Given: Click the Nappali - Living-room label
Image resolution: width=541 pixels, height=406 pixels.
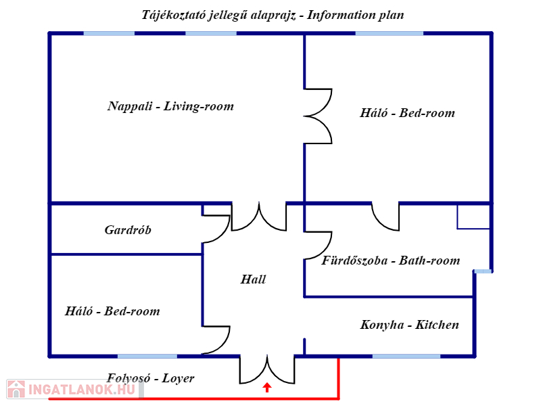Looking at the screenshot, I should [x=170, y=106].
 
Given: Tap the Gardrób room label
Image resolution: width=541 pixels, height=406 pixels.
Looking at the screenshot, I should [x=128, y=230].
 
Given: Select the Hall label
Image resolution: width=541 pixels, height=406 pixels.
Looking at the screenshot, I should [x=254, y=279].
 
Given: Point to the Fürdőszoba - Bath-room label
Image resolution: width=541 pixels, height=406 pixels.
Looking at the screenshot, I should [x=391, y=261].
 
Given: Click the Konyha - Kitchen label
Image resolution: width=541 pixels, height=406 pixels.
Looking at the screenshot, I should [x=410, y=325].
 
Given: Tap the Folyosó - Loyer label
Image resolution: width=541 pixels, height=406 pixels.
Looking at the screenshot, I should [x=150, y=378].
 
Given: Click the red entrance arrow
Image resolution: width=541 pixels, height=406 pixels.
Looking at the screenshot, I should [x=267, y=387].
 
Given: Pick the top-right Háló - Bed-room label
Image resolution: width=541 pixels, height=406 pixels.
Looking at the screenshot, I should [x=407, y=113].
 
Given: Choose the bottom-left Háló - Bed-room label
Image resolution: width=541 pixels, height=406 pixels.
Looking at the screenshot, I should [x=112, y=311].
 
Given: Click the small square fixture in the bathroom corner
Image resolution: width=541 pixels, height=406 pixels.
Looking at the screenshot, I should [x=473, y=217].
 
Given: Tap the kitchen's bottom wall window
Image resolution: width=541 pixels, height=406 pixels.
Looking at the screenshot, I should [x=406, y=356].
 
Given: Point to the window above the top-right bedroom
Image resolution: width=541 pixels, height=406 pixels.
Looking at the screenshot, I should [x=389, y=32].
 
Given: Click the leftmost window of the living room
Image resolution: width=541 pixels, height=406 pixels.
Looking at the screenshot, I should [x=109, y=32].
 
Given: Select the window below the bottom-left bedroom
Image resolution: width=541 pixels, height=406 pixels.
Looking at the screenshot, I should [x=147, y=356].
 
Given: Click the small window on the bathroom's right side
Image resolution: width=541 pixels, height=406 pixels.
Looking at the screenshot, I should [x=483, y=271].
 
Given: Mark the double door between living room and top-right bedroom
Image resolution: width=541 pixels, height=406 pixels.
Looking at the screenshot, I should [x=318, y=116].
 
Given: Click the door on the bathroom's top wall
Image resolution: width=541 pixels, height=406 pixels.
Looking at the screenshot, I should [x=385, y=217].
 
